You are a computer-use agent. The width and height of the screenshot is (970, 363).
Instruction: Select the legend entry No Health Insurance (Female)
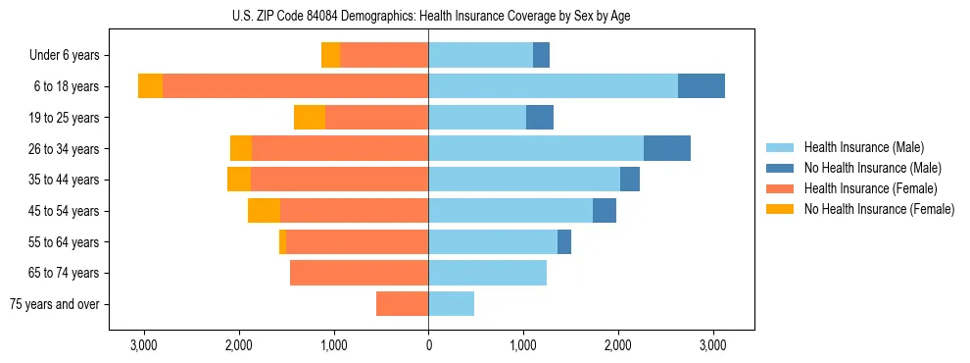tap(878, 209)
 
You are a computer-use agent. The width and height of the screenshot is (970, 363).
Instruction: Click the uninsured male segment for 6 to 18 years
tap(702, 86)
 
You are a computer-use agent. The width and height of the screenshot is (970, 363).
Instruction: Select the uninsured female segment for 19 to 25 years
tap(310, 118)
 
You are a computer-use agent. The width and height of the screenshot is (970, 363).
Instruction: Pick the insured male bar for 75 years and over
tap(451, 304)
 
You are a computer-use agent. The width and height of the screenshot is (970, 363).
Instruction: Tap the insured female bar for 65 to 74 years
tap(359, 273)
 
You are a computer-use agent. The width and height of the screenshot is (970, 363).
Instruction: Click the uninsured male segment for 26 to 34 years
tap(667, 148)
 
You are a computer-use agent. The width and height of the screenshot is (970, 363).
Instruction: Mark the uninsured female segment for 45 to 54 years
tap(264, 211)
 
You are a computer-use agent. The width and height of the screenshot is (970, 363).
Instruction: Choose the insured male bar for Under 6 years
tap(480, 56)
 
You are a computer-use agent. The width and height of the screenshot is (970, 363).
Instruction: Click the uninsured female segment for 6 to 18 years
tap(150, 86)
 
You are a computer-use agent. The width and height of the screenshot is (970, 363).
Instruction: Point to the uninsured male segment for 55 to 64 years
tap(564, 242)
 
